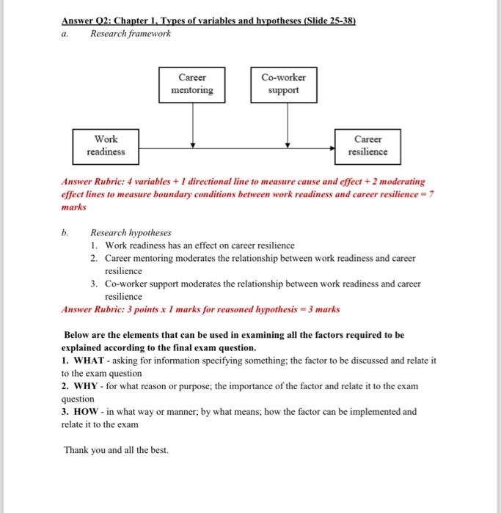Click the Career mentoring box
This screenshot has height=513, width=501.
(x=192, y=84)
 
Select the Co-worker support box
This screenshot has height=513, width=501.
(x=284, y=84)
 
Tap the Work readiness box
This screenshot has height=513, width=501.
(x=106, y=145)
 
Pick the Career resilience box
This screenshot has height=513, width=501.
(x=367, y=145)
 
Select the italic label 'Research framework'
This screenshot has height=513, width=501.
(x=130, y=34)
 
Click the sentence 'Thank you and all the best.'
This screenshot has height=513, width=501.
(x=116, y=449)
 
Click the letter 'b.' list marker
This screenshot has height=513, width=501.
(x=65, y=232)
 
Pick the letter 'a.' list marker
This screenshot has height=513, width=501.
(x=65, y=34)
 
